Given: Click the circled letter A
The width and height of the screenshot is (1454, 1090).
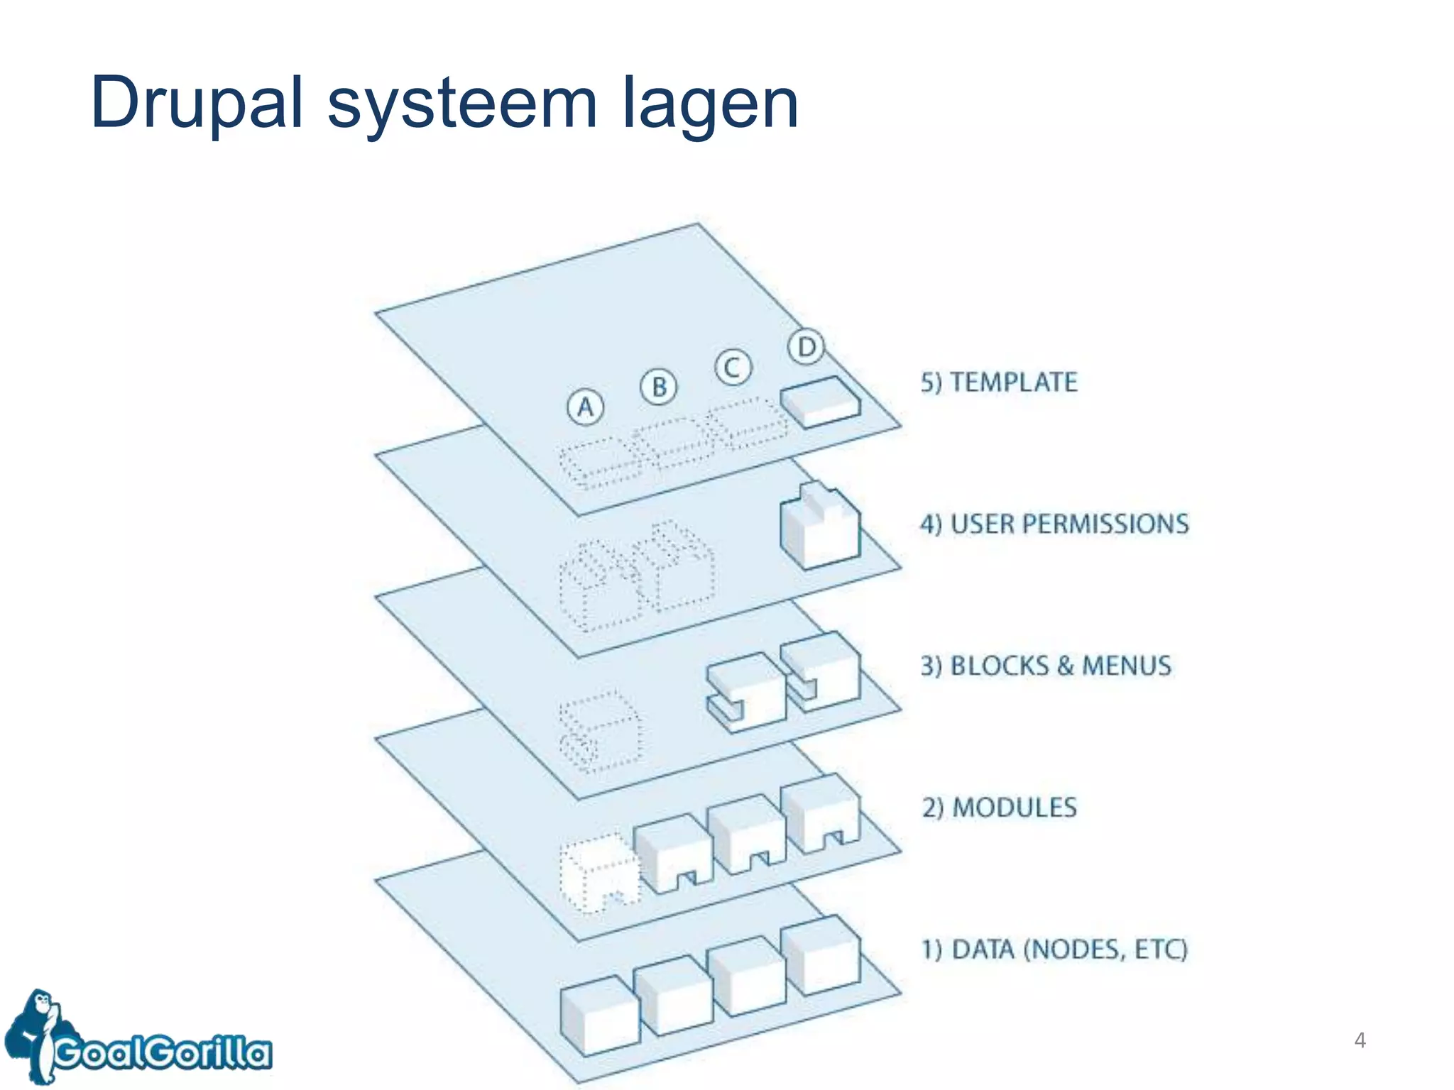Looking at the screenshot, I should [x=585, y=407].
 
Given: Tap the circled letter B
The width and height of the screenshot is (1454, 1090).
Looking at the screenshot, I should [x=659, y=387].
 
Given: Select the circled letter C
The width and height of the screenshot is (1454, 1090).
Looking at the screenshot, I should [x=733, y=368].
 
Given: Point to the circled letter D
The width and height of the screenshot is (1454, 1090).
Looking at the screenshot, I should [x=806, y=347].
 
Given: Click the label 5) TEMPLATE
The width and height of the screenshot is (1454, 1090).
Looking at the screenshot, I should [x=999, y=382].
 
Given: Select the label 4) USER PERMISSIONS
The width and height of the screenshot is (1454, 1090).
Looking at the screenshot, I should [x=1054, y=524].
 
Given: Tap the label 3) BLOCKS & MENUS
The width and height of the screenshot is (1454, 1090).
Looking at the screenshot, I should [x=1046, y=666].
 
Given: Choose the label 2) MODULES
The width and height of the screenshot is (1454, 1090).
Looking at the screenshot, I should [x=999, y=808].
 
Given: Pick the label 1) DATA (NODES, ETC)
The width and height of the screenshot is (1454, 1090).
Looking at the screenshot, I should [x=1054, y=949].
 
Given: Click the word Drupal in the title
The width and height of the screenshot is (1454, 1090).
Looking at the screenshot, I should [x=197, y=104].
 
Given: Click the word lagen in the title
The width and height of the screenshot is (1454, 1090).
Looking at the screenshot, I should [x=710, y=104].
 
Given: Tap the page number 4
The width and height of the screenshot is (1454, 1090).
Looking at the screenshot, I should [x=1360, y=1040].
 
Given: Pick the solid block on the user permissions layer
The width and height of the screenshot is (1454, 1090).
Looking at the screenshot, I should [x=820, y=527].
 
